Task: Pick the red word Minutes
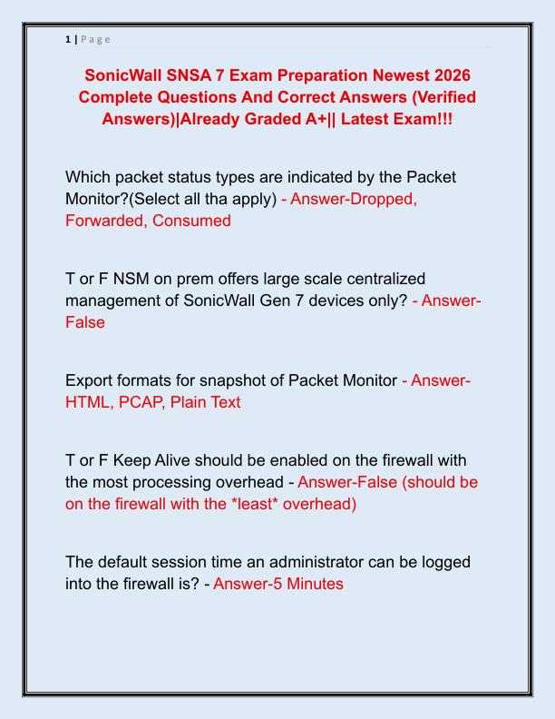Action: click(314, 584)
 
